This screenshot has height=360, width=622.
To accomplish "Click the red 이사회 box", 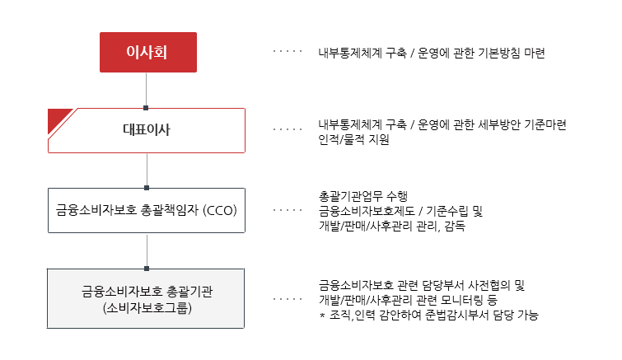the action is (x=148, y=53).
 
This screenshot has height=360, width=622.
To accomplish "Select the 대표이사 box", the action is (x=147, y=130).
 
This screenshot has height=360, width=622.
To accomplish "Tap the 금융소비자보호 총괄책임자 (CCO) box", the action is (x=147, y=211).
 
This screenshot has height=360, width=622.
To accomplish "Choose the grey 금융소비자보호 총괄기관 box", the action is (x=146, y=298).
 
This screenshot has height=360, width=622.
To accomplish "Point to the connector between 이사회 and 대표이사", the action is (x=146, y=89).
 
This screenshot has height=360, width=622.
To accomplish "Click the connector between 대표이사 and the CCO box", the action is (x=147, y=170).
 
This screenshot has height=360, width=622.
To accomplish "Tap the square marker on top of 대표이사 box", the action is (x=146, y=108).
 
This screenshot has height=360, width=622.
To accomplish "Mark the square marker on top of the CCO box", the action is (x=147, y=188).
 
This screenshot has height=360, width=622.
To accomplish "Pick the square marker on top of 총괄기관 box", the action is (x=147, y=269).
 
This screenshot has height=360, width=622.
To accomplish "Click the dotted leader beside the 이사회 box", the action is (x=288, y=51).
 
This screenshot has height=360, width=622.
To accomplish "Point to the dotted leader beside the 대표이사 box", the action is (x=288, y=129).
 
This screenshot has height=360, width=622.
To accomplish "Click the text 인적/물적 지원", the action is (x=354, y=140).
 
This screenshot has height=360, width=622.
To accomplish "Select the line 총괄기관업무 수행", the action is (x=363, y=196).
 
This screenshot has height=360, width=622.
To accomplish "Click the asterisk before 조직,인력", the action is (x=322, y=316).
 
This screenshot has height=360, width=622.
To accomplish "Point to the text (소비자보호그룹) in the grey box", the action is (x=147, y=308).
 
